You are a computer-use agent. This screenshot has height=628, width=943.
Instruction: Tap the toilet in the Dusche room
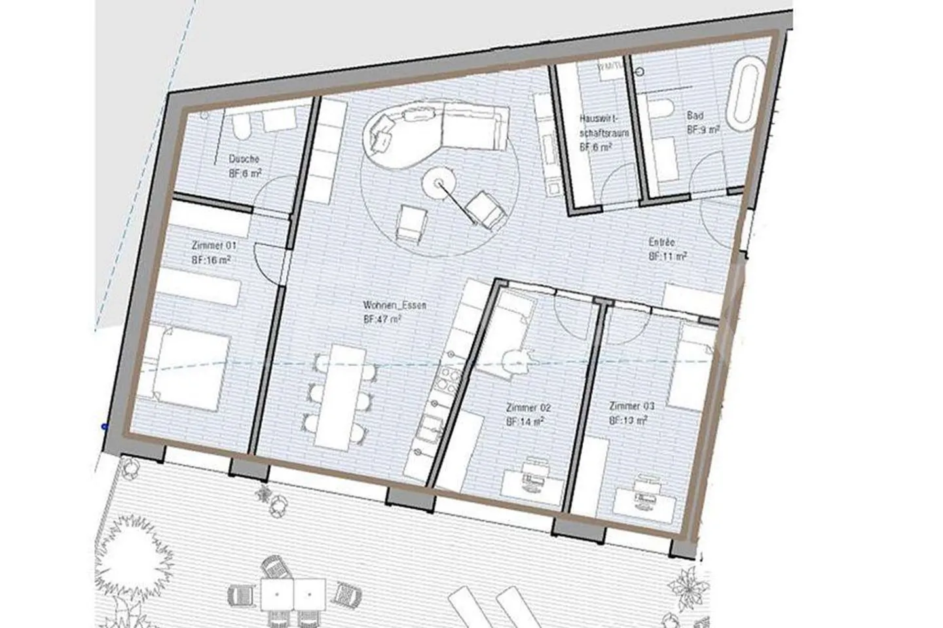coord(240,127)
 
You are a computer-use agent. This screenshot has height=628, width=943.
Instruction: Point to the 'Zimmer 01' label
coord(213,246)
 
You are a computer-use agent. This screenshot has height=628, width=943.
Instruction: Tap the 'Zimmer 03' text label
coord(631,405)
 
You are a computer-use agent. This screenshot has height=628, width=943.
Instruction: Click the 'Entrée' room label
coord(661,242)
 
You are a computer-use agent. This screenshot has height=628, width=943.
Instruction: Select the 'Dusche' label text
coord(244,158)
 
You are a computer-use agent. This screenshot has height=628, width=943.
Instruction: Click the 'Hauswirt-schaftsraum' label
coord(596,126)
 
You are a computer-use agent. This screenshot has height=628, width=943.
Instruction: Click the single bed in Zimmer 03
coord(695,367)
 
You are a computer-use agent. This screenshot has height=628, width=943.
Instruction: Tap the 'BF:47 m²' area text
coord(382,320)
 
